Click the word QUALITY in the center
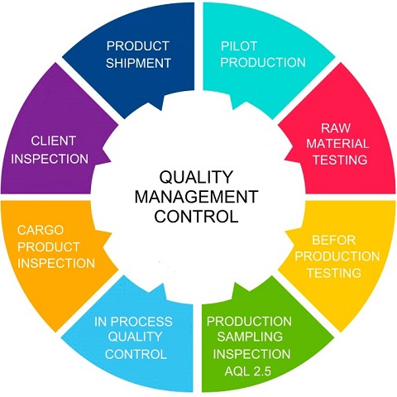pyautogui.click(x=196, y=177)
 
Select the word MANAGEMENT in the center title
pyautogui.click(x=196, y=197)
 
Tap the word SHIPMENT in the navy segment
pyautogui.click(x=138, y=63)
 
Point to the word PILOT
pyautogui.click(x=239, y=46)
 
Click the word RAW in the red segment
pyautogui.click(x=336, y=128)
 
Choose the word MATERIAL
pyautogui.click(x=337, y=144)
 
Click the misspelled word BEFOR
pyautogui.click(x=333, y=240)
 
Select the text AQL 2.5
pyautogui.click(x=248, y=371)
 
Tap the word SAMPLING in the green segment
pyautogui.click(x=250, y=337)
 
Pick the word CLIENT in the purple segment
pyautogui.click(x=54, y=141)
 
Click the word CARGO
pyautogui.click(x=41, y=230)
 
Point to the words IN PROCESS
pyautogui.click(x=133, y=322)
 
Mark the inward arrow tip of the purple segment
pyautogui.click(x=111, y=160)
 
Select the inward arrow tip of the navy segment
pyautogui.click(x=161, y=110)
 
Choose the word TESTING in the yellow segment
pyautogui.click(x=334, y=273)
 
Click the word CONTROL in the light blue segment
pyautogui.click(x=136, y=354)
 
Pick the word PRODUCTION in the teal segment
pyautogui.click(x=263, y=62)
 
